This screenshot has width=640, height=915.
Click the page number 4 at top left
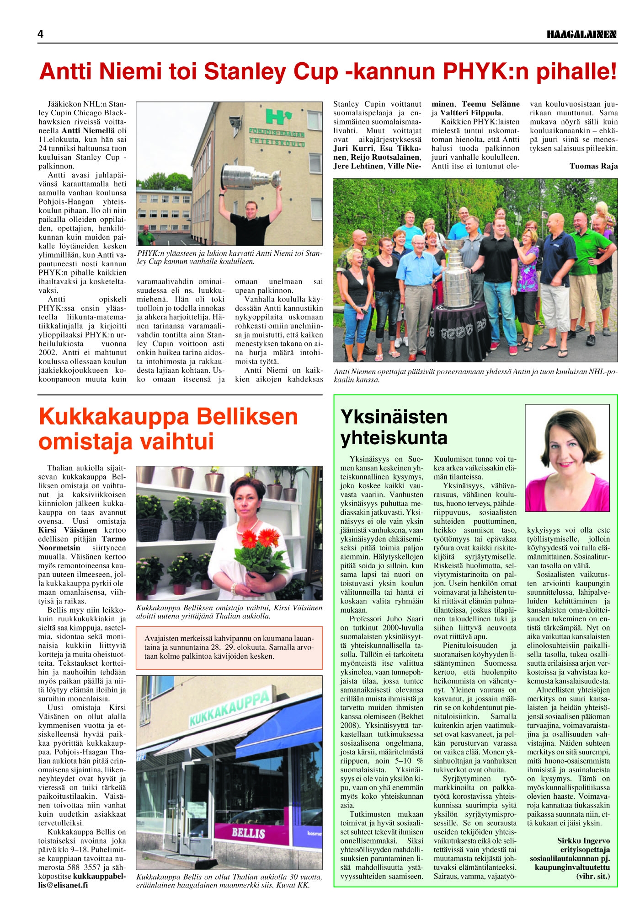click(x=41, y=34)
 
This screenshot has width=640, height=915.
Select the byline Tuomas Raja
click(x=593, y=166)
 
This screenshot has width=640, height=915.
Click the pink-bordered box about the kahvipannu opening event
click(x=229, y=647)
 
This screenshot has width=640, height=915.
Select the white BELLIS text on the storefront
click(x=248, y=833)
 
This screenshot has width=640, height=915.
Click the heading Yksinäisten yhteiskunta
click(x=394, y=427)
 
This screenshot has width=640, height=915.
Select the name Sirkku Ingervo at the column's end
click(x=583, y=840)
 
